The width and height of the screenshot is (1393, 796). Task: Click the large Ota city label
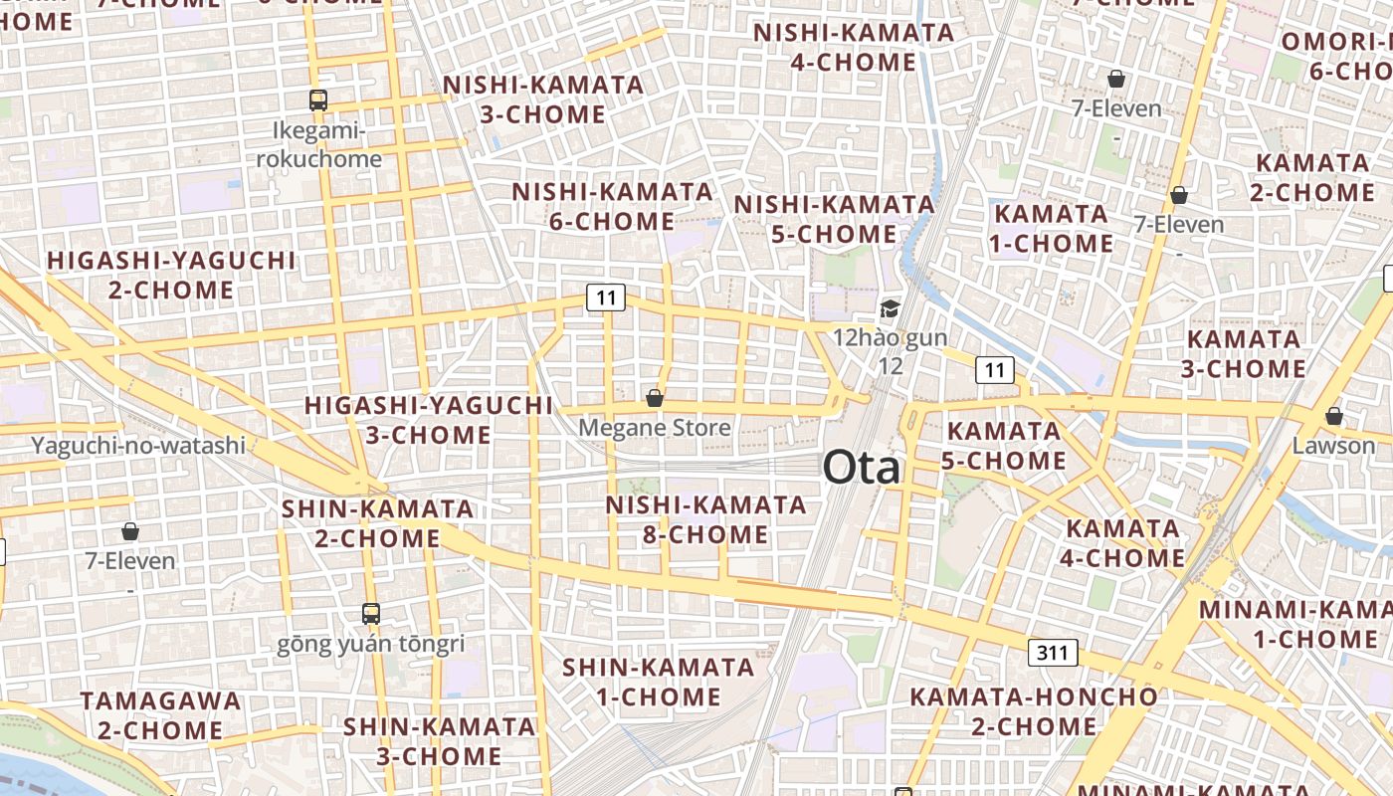[x=862, y=468]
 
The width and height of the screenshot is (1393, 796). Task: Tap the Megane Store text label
[x=655, y=428]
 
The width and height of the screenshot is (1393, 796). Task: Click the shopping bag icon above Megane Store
[x=655, y=398]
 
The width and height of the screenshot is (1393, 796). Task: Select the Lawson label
[x=1333, y=445]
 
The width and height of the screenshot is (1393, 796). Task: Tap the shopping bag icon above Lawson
[x=1333, y=416]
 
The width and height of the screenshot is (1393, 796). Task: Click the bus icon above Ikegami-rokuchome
[x=318, y=99]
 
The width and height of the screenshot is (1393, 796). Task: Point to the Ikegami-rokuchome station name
[x=318, y=145]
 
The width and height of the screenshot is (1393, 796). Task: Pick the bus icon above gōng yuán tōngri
[x=371, y=613]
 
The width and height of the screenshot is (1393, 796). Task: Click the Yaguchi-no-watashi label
[x=138, y=445]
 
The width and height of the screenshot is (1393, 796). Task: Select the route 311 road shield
[x=1052, y=653]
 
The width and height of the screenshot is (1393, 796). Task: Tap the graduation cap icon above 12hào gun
[x=890, y=309]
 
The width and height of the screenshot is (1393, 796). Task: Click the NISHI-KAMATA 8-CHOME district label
[x=705, y=519]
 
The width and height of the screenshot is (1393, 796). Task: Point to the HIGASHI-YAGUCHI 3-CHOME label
[x=428, y=420]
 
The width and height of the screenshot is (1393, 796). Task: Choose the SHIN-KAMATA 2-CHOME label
[x=377, y=523]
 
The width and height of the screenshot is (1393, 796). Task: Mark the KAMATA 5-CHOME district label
[x=1004, y=446]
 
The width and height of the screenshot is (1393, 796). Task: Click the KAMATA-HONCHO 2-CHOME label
[x=1034, y=711]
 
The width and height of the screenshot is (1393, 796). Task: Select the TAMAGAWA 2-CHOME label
[x=160, y=715]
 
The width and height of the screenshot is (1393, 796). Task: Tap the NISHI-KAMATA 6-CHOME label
[x=612, y=206]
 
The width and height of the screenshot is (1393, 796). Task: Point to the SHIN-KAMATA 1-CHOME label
[x=658, y=682]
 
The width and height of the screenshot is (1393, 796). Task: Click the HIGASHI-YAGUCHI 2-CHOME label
[x=171, y=276]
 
